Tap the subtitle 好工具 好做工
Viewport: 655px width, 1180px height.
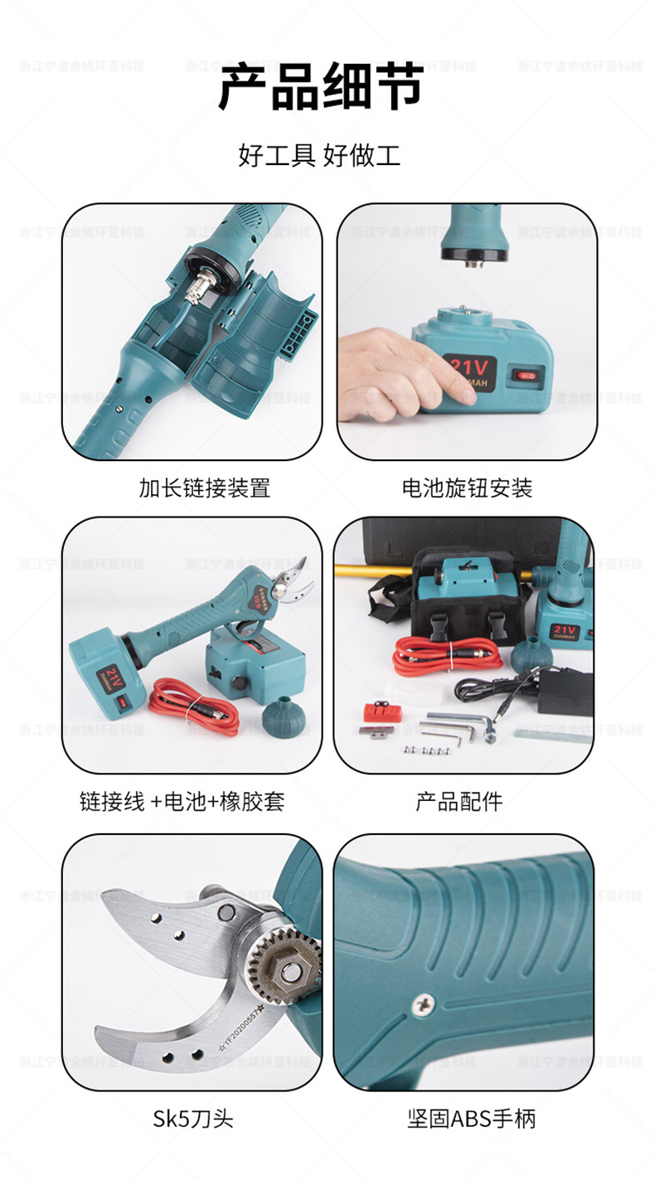point(319,154)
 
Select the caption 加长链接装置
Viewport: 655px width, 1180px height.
point(204,488)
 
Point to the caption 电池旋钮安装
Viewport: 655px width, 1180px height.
point(467,488)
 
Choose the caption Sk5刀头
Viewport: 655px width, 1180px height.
point(193,1118)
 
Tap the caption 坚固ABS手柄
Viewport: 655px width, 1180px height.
point(471,1118)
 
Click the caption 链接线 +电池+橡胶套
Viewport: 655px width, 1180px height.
point(182,801)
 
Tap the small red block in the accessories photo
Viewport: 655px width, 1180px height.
point(384,711)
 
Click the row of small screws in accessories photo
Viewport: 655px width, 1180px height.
point(425,749)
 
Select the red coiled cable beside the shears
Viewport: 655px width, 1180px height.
point(196,707)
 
